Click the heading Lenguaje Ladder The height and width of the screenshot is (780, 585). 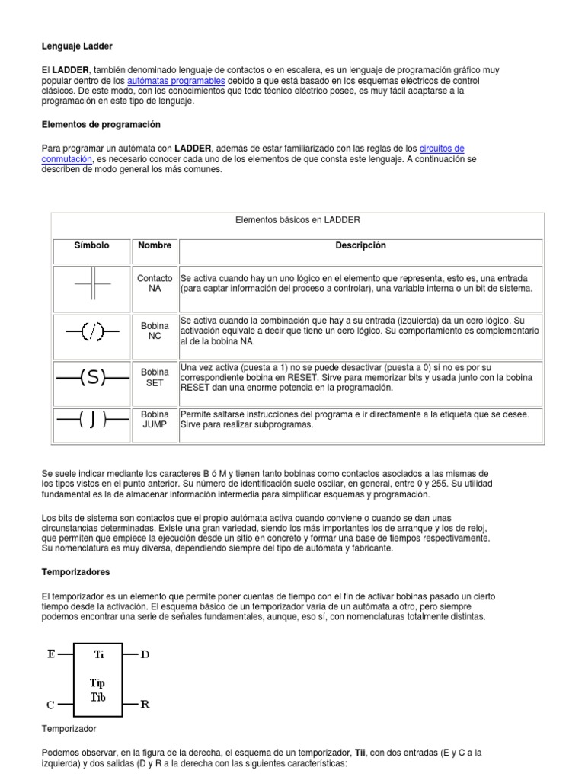[77, 46]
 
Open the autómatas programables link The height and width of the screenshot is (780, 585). [176, 80]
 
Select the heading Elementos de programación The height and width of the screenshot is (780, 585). [101, 123]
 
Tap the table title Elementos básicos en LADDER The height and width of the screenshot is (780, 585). [298, 220]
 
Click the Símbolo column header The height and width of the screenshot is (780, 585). [91, 245]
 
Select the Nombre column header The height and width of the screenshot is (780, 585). [155, 245]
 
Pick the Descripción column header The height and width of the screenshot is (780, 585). [360, 245]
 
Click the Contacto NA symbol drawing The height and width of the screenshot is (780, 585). [92, 284]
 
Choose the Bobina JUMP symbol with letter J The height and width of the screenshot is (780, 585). [92, 420]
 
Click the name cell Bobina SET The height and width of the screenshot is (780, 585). [155, 378]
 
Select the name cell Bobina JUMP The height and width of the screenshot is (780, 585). [155, 419]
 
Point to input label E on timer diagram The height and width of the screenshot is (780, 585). [50, 654]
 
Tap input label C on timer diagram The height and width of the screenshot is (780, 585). [50, 704]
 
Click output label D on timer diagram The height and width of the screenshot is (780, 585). [145, 654]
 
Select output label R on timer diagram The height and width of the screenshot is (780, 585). [145, 705]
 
